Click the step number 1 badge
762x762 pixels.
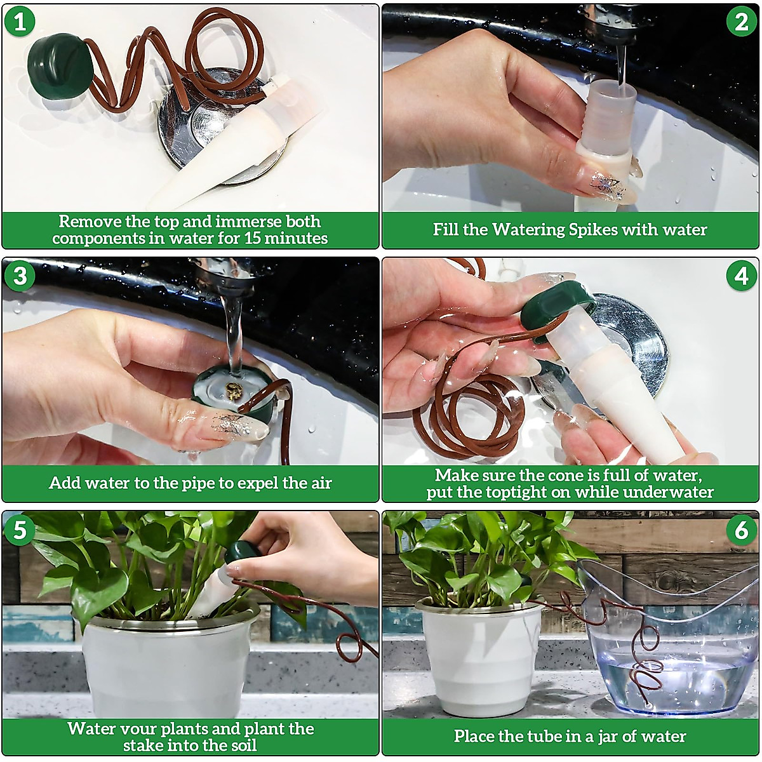coord(20,22)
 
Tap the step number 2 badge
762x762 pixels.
coord(741,22)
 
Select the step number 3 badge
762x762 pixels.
coord(20,276)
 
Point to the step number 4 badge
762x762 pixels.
coord(741,276)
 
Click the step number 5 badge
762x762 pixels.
coord(20,530)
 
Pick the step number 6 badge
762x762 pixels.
coord(741,530)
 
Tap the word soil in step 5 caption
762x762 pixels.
coord(241,745)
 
